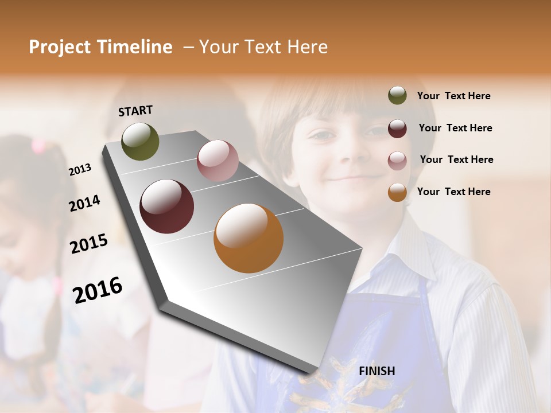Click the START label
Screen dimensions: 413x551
pos(135,111)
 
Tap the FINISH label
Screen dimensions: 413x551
pos(377,371)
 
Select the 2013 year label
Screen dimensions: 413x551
pos(80,169)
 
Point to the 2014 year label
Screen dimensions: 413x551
pos(84,203)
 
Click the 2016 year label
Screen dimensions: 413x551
pos(98,290)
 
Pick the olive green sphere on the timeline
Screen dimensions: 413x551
pos(140,141)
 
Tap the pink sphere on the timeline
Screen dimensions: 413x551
pos(218,161)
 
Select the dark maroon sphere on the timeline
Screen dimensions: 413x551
pos(166,206)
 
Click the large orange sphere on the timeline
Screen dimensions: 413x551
pos(249,238)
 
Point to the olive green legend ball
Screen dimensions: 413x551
pos(397,96)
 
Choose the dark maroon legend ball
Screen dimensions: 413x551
pos(397,128)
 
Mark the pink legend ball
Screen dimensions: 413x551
pos(397,160)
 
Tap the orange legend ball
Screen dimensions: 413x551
pos(397,192)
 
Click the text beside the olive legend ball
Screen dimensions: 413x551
pos(453,96)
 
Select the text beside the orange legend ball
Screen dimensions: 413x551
pos(453,192)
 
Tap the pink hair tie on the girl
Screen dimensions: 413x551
pos(38,146)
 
